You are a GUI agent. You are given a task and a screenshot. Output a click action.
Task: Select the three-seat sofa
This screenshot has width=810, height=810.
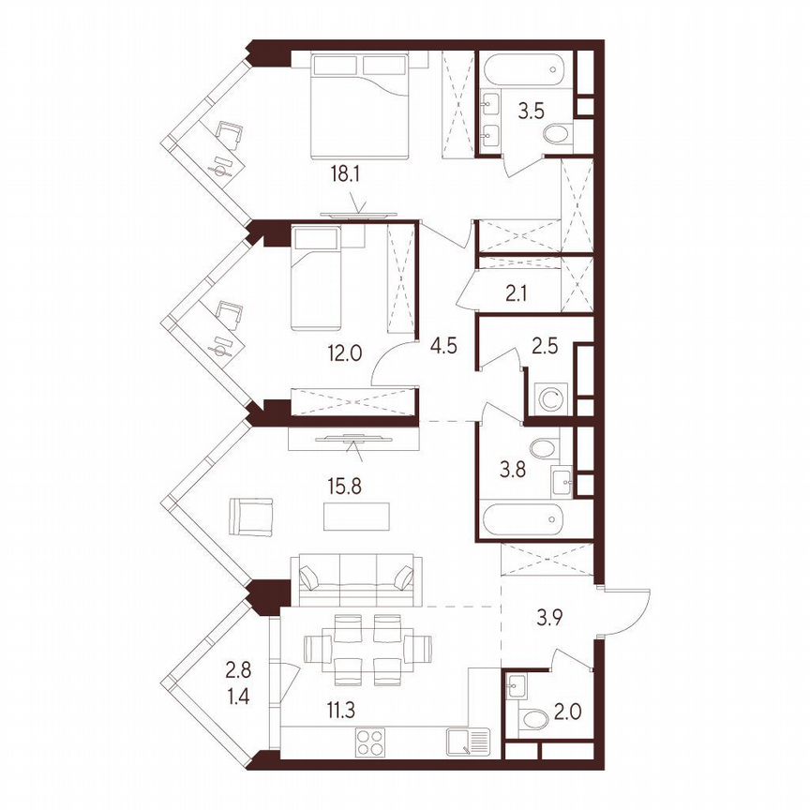coord(355,577)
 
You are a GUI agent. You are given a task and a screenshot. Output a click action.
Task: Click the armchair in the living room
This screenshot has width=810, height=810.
coord(250,516)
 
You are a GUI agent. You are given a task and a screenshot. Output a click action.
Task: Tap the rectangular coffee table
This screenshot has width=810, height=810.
coord(356,517)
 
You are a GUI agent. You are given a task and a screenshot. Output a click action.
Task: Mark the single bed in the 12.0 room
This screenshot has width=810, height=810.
coord(318,278)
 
